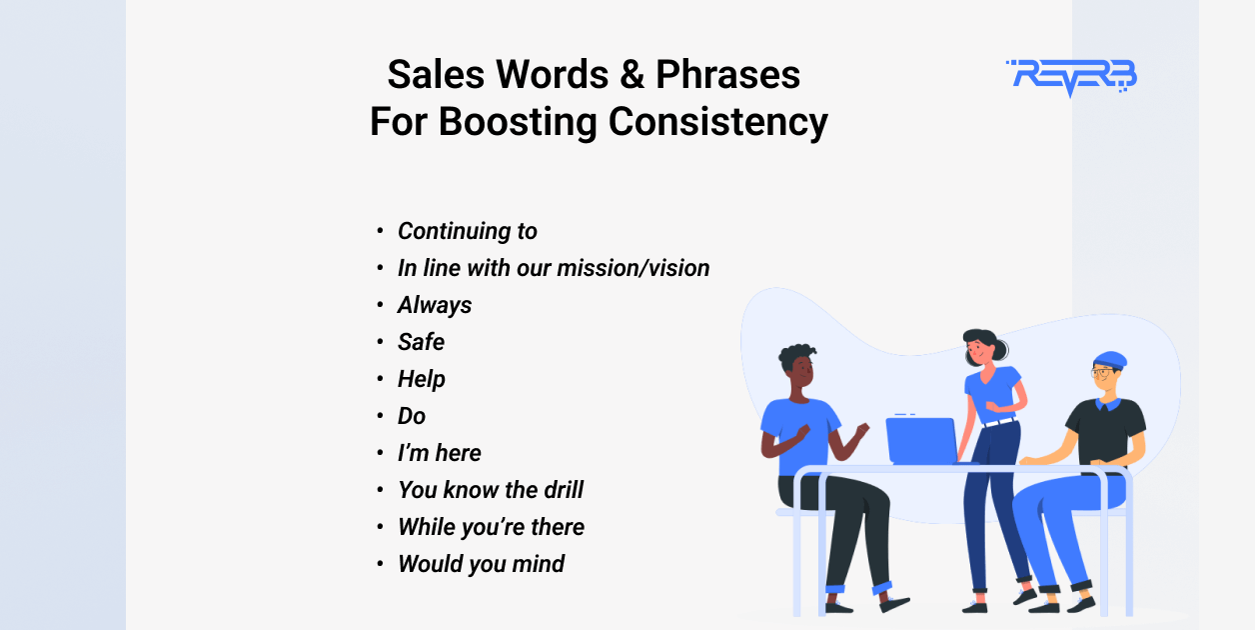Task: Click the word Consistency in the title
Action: [717, 122]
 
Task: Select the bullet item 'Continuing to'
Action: [467, 231]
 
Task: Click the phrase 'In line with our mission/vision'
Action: [553, 268]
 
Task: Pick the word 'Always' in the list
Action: [435, 305]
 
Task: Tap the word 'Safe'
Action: [421, 342]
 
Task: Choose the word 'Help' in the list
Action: [421, 379]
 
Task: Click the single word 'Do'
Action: [411, 416]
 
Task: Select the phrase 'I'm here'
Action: [439, 453]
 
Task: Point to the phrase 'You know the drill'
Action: [490, 490]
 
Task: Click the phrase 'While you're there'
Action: [491, 527]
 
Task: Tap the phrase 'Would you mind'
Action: [481, 564]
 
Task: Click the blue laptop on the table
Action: [920, 441]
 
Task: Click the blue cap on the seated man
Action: [1109, 360]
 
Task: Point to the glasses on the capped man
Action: [1101, 373]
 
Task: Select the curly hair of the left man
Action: [796, 356]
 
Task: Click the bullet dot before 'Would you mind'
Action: [380, 564]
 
